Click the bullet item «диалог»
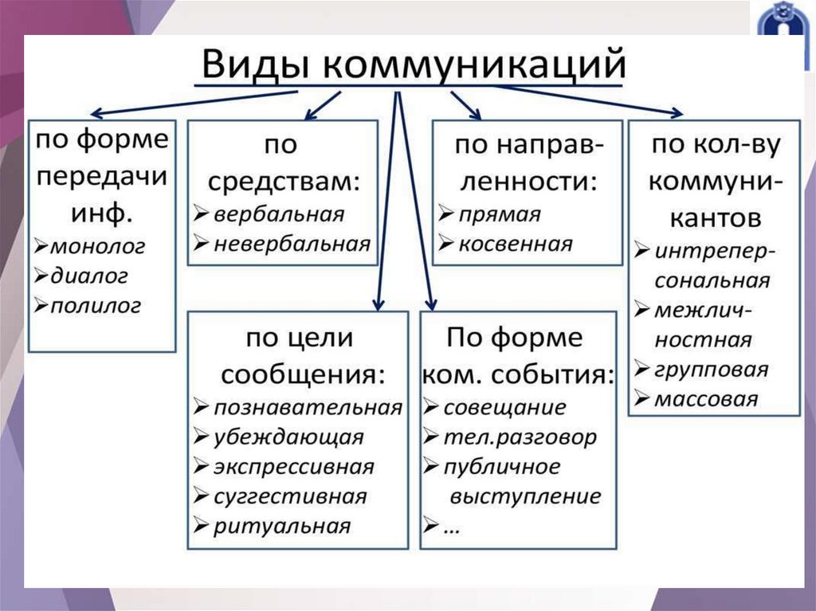click(89, 276)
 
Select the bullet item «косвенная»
click(515, 244)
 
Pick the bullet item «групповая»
click(711, 370)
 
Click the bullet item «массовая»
click(705, 399)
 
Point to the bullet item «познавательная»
click(308, 408)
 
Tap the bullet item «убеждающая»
click(288, 437)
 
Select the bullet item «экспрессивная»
click(293, 467)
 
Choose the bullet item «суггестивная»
click(290, 496)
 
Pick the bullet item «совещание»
click(504, 408)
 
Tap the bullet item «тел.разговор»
click(520, 437)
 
